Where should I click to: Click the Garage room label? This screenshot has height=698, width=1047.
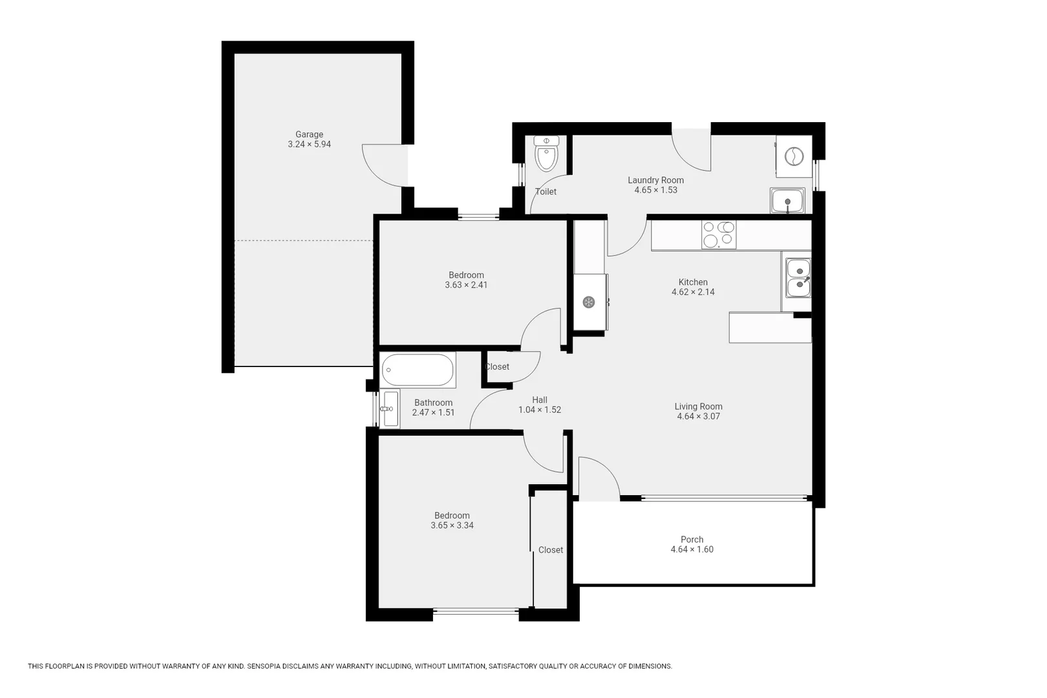point(309,134)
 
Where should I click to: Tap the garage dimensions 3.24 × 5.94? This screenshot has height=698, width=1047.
point(309,144)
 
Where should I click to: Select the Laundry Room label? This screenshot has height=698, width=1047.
point(655,180)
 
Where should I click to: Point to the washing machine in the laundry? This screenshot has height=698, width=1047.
point(793,156)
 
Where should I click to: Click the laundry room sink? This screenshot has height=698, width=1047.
point(787,200)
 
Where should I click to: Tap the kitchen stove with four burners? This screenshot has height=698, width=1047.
point(719,235)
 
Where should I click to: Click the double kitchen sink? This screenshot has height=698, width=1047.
point(799,277)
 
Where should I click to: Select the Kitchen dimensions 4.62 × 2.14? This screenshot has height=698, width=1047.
point(693,292)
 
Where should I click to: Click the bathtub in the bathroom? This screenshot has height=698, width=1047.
point(418,370)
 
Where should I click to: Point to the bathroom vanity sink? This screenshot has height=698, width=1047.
point(390,408)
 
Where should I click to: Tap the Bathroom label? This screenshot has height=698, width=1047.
point(433,403)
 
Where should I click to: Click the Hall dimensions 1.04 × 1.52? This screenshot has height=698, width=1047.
point(540,410)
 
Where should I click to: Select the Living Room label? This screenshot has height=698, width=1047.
point(698,407)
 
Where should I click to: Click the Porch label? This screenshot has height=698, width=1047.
point(692,540)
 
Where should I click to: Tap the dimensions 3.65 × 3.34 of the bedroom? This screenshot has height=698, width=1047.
point(452,525)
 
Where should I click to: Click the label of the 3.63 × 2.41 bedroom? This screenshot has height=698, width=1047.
point(466,275)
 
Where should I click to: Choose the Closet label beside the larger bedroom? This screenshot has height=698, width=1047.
point(551,550)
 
